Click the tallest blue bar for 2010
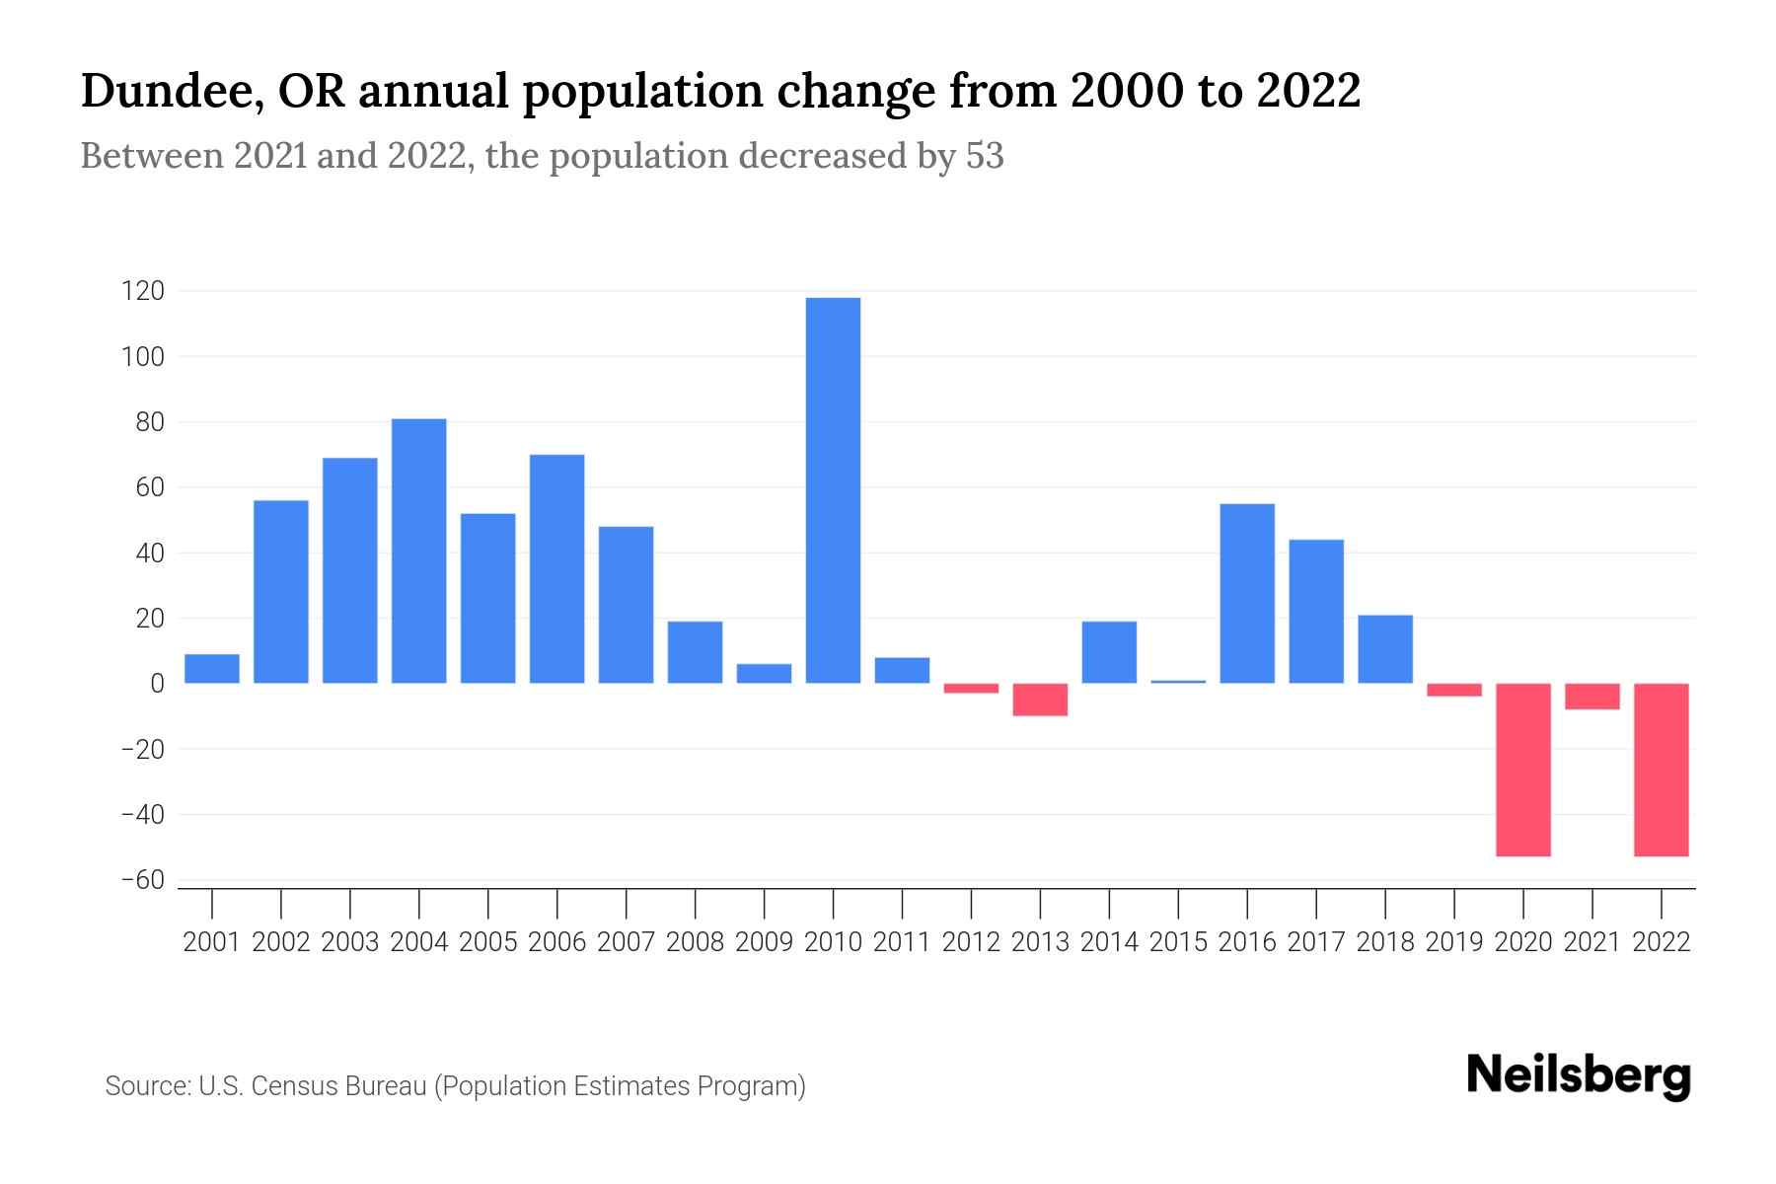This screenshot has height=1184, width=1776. click(833, 490)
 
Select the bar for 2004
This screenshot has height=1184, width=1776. click(418, 551)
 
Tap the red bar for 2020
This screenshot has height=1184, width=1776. click(1522, 770)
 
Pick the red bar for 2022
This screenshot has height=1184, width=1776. click(1661, 770)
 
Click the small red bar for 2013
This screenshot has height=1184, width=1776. click(1040, 700)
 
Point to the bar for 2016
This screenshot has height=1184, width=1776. click(1247, 593)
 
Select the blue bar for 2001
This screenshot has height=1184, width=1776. click(212, 669)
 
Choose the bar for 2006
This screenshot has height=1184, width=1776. click(556, 568)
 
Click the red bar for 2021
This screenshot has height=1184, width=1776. click(1591, 697)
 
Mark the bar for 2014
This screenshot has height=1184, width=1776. click(1109, 652)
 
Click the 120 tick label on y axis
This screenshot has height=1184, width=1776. click(143, 291)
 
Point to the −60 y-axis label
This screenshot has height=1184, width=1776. click(143, 880)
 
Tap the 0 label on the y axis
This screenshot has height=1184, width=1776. click(157, 684)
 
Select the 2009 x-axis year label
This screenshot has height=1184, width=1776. click(764, 942)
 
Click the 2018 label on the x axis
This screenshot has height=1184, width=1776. click(1384, 942)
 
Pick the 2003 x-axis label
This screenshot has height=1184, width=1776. click(350, 942)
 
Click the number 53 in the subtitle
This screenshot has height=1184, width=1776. click(984, 156)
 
